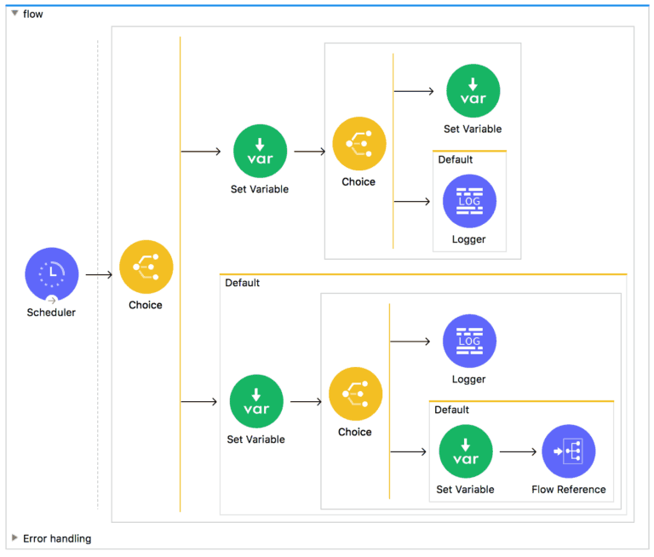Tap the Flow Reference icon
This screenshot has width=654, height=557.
click(568, 451)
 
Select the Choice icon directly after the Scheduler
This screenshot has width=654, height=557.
click(146, 267)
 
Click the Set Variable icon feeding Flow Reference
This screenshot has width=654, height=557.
click(465, 451)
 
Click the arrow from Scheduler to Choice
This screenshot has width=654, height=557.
click(99, 274)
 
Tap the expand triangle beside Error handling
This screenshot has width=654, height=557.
click(14, 538)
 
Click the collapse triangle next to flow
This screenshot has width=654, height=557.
click(14, 14)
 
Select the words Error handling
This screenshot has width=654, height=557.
click(57, 538)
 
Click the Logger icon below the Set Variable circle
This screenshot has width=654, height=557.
click(469, 201)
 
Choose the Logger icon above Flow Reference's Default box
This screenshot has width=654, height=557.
click(469, 341)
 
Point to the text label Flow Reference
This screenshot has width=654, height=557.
click(568, 490)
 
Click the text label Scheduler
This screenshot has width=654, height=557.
click(51, 313)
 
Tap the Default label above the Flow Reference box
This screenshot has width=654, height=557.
click(451, 410)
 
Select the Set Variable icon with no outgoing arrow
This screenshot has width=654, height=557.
click(473, 91)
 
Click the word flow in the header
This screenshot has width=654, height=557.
click(33, 14)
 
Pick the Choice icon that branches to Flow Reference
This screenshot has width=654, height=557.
click(355, 393)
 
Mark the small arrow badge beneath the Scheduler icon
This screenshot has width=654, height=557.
click(52, 300)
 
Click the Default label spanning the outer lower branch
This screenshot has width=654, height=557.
click(242, 283)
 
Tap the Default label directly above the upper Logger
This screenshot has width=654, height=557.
click(455, 159)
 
